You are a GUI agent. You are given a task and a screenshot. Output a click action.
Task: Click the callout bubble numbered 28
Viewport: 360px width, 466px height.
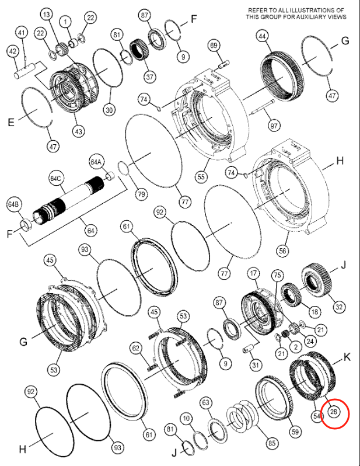[334, 412]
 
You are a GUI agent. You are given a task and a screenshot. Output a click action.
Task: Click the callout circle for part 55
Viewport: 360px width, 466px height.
[202, 176]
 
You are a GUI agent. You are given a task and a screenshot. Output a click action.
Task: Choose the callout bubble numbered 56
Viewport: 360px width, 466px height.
[282, 251]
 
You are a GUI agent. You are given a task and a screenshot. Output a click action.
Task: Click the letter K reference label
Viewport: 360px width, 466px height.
[347, 356]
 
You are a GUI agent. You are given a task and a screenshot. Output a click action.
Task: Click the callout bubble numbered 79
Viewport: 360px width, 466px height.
[141, 193]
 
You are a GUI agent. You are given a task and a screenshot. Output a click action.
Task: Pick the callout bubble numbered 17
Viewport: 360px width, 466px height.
[253, 273]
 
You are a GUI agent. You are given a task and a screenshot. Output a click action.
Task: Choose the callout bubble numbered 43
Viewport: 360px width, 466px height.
[78, 132]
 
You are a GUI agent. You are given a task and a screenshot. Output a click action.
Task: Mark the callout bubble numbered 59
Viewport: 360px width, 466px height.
[296, 432]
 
